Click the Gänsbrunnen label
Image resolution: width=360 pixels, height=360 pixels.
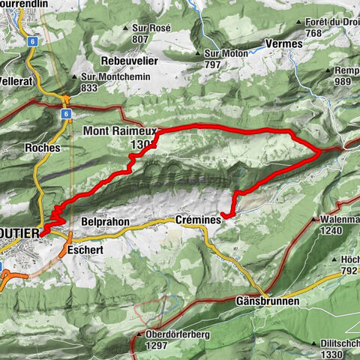coord(268,301)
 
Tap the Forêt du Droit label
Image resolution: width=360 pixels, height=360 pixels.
coord(333,22)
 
